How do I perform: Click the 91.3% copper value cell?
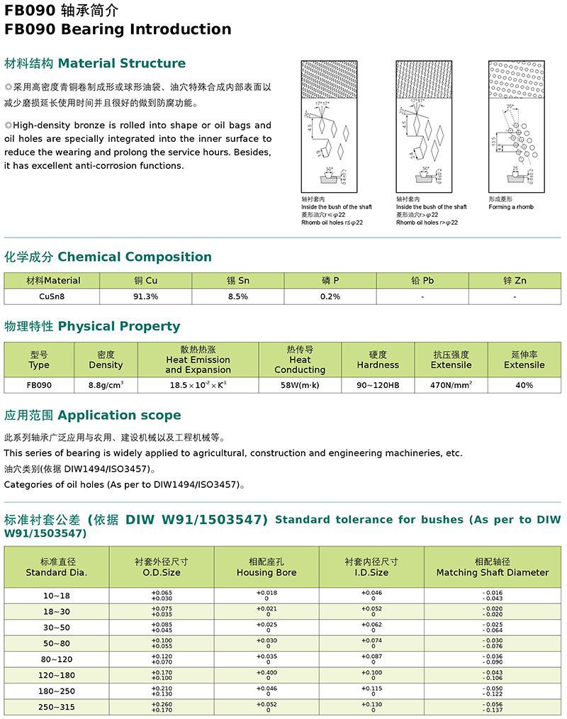coord(145,296)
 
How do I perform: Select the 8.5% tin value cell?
coord(238,296)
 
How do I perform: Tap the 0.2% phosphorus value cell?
coord(330,296)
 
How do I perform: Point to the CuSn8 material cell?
coord(52,296)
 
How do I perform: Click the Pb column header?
coord(422,281)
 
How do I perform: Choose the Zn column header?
coord(515,281)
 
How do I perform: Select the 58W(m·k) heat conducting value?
coord(300,385)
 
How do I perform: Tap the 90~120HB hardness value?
coord(378,385)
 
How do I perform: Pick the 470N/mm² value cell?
coord(451,385)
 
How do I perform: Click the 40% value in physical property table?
coord(524,385)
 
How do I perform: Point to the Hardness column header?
coord(378,360)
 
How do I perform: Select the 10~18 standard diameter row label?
coord(57,596)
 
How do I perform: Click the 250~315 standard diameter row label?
coord(57,708)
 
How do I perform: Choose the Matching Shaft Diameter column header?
coord(493,567)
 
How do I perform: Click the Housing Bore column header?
coord(266,567)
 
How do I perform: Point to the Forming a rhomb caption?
coord(511,207)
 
